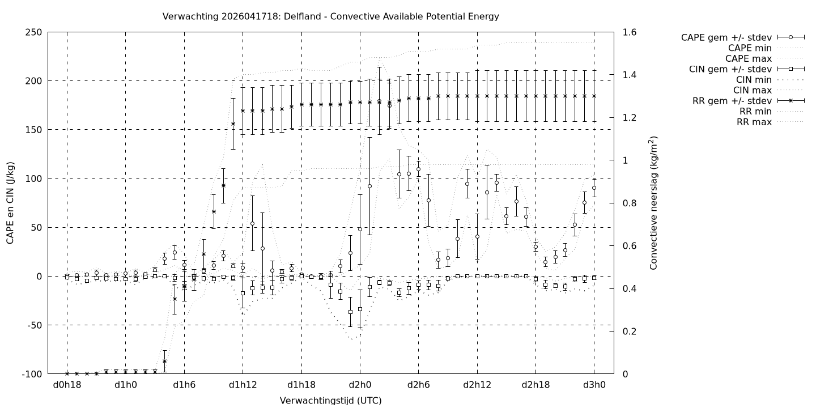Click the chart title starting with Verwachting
[x=330, y=16]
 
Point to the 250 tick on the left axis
[x=33, y=32]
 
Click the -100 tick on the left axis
[x=32, y=374]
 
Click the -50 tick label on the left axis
[x=33, y=325]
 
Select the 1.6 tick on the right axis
[x=630, y=32]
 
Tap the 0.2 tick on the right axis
[x=630, y=331]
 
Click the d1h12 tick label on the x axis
[x=243, y=385]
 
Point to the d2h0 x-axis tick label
[x=360, y=385]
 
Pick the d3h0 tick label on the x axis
[x=594, y=385]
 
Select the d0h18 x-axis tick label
[x=67, y=385]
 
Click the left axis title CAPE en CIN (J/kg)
[x=11, y=203]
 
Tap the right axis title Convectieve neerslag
[x=653, y=203]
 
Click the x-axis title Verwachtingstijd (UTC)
[x=330, y=401]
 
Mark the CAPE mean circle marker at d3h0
[x=594, y=188]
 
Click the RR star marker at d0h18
[x=67, y=373]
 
